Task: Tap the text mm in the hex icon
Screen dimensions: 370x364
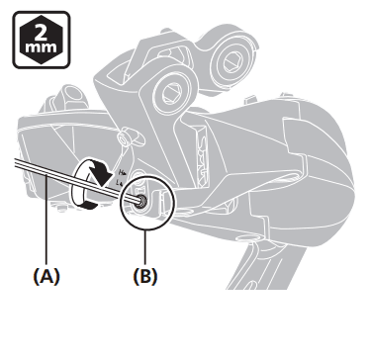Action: [42, 48]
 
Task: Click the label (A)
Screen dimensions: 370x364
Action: [46, 276]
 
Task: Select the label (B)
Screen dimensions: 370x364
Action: [145, 276]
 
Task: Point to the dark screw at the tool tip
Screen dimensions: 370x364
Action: [142, 200]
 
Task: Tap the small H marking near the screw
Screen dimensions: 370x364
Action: [121, 172]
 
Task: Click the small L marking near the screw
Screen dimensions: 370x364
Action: [121, 181]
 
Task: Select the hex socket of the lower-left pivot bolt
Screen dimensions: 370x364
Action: [171, 91]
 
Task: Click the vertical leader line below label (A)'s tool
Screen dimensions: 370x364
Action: [46, 221]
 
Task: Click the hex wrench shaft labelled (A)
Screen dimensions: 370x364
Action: [76, 180]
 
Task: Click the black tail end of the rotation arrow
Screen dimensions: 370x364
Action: [89, 206]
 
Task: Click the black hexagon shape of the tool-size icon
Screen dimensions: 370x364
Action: [42, 40]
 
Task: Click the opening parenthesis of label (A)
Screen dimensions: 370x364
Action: [36, 276]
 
